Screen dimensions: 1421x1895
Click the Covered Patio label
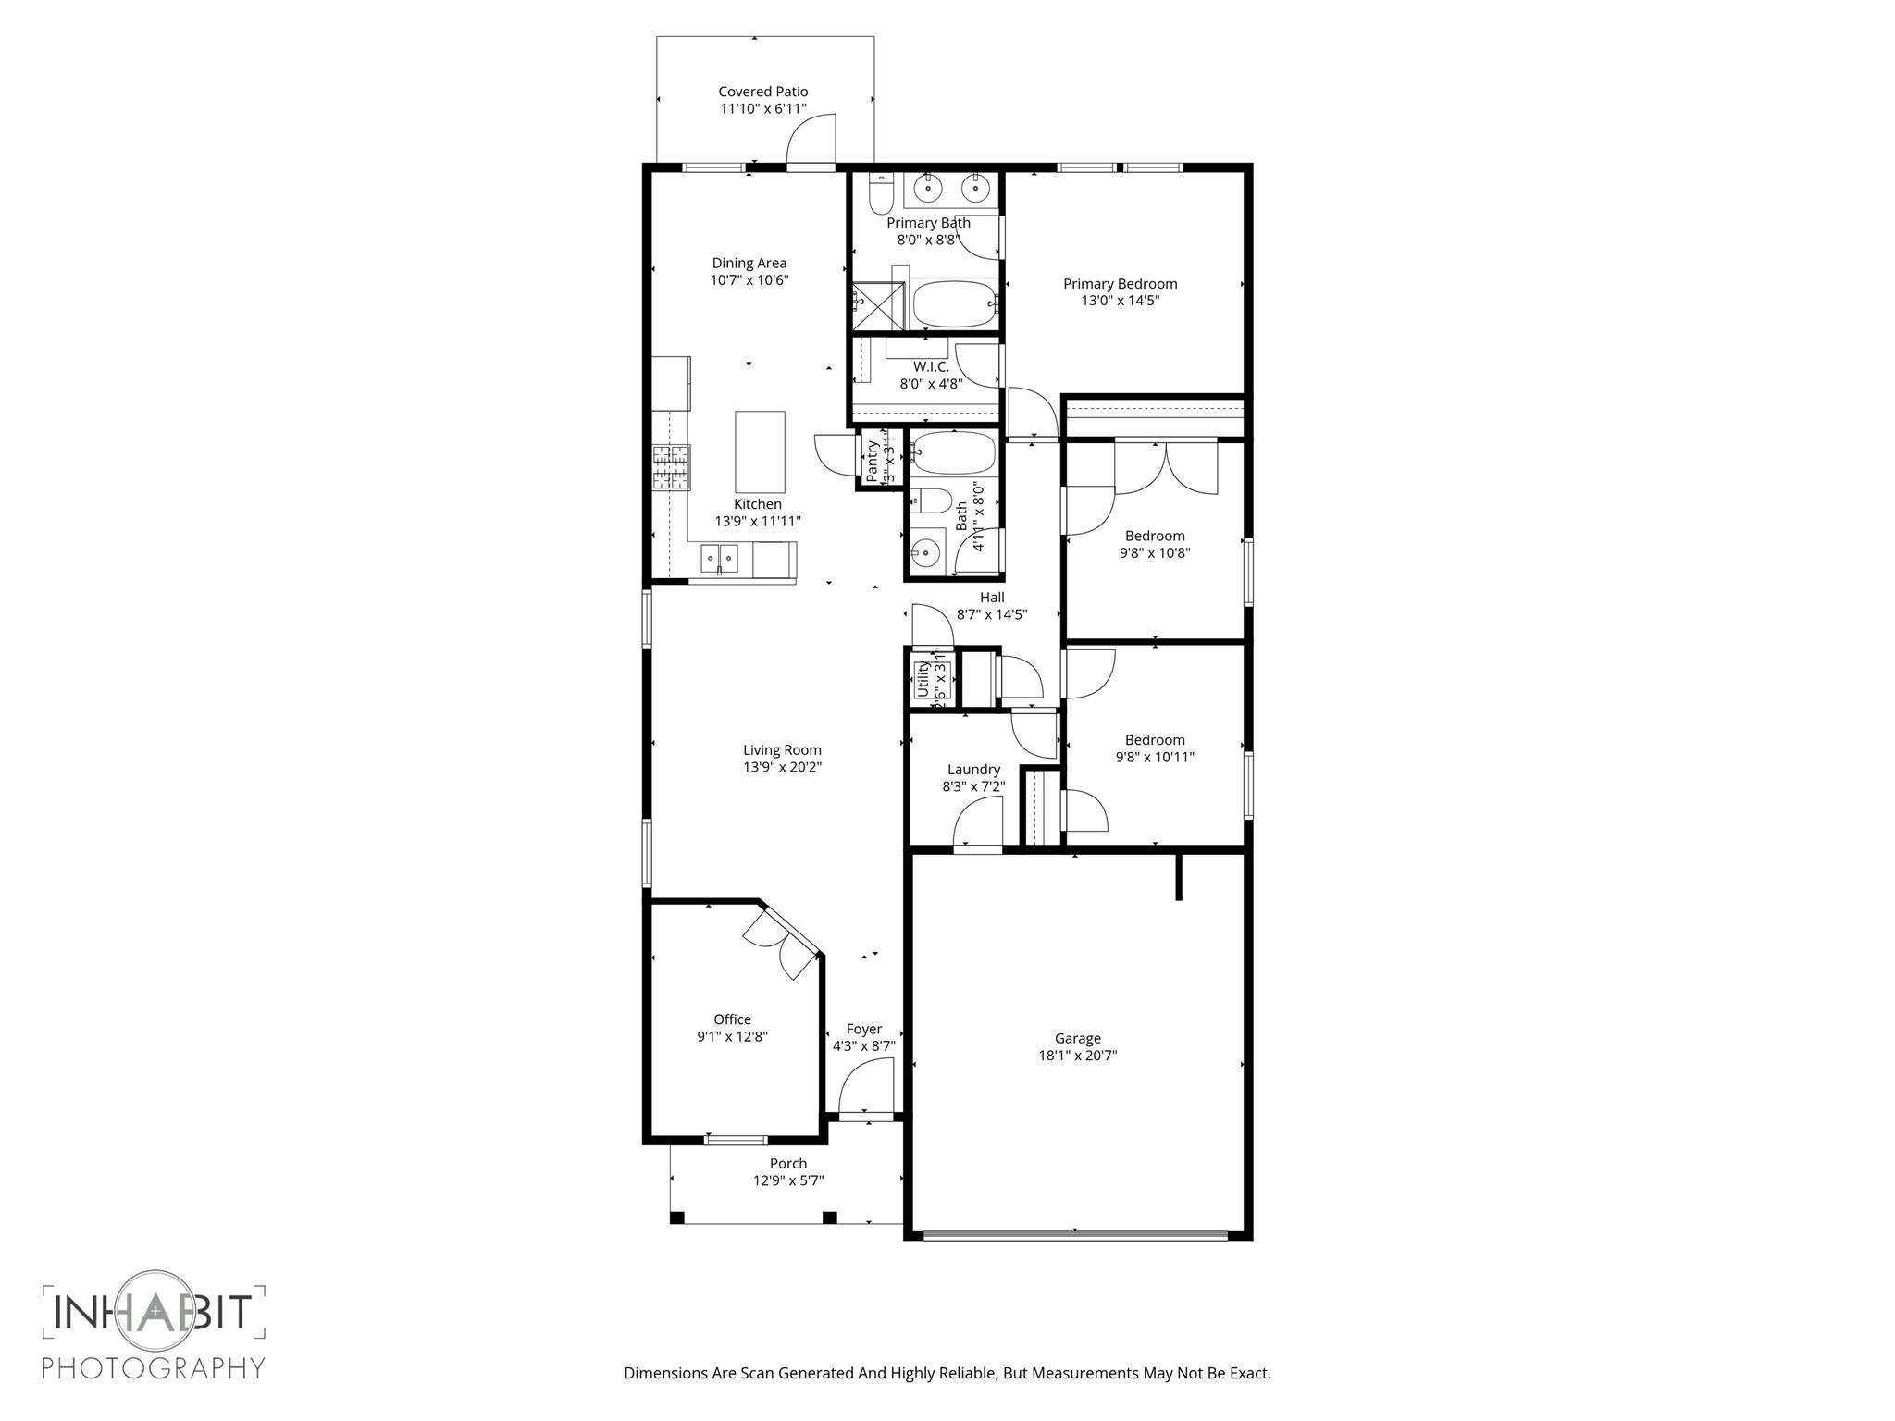pyautogui.click(x=763, y=92)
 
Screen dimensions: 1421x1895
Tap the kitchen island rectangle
pyautogui.click(x=760, y=452)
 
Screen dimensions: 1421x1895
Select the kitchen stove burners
pyautogui.click(x=672, y=467)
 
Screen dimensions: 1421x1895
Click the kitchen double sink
pyautogui.click(x=719, y=558)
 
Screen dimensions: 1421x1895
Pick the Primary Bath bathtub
pyautogui.click(x=954, y=303)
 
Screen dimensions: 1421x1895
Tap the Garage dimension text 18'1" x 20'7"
pyautogui.click(x=1077, y=1056)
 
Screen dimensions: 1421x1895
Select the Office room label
pyautogui.click(x=732, y=1019)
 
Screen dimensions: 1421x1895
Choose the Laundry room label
pyautogui.click(x=973, y=770)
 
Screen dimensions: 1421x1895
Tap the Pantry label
pyautogui.click(x=872, y=460)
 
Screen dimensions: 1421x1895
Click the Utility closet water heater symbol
pyautogui.click(x=923, y=680)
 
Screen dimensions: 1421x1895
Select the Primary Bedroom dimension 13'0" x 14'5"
pyautogui.click(x=1120, y=301)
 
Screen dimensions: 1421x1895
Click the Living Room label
pyautogui.click(x=782, y=750)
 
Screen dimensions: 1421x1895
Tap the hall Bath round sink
pyautogui.click(x=924, y=554)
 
